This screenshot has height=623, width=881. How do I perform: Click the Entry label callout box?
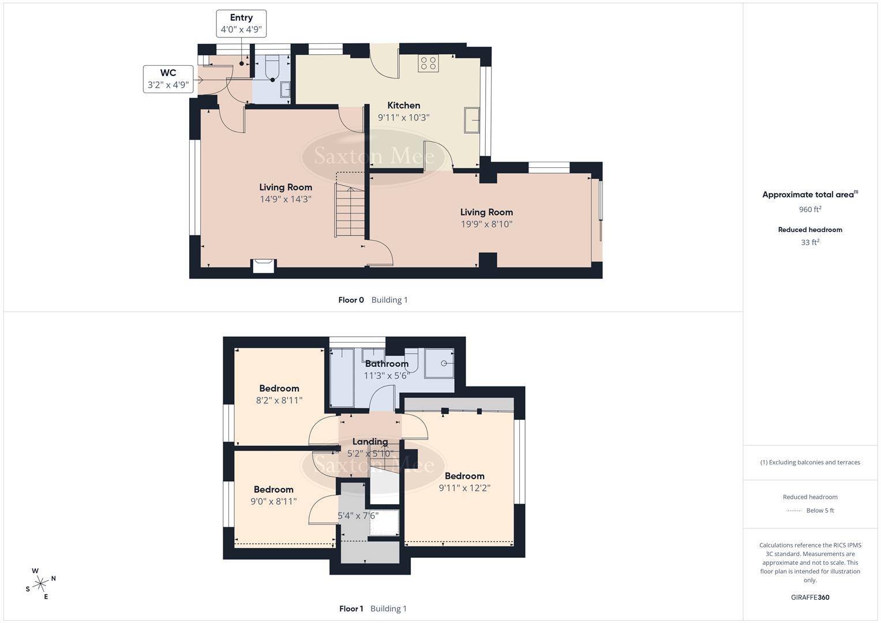coord(241,24)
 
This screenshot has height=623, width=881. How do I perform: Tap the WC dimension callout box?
coord(168,79)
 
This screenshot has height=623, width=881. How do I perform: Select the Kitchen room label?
coord(403,105)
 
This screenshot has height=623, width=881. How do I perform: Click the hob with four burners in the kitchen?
coord(428,63)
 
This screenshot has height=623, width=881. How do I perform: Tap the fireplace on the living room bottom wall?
coord(264,265)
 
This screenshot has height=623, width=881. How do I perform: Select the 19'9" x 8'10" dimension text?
coord(486,224)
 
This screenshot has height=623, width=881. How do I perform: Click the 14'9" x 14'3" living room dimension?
coord(286,199)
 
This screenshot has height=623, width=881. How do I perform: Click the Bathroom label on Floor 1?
coord(387,363)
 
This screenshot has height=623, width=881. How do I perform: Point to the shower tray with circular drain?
coord(439,363)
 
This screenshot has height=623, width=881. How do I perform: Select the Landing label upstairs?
coord(370,441)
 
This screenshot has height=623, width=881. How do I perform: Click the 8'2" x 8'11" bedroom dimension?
coord(279,400)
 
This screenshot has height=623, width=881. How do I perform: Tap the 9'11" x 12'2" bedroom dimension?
coord(464,488)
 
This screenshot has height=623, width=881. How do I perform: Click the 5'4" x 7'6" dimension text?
coord(358,515)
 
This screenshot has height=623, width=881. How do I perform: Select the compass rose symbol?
coord(40,584)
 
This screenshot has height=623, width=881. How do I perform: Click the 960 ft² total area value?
coord(810,209)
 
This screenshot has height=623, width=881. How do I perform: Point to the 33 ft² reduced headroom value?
coord(810,242)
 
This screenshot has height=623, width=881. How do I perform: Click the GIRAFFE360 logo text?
coord(810,597)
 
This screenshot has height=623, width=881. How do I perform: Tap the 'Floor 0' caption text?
coord(351,300)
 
